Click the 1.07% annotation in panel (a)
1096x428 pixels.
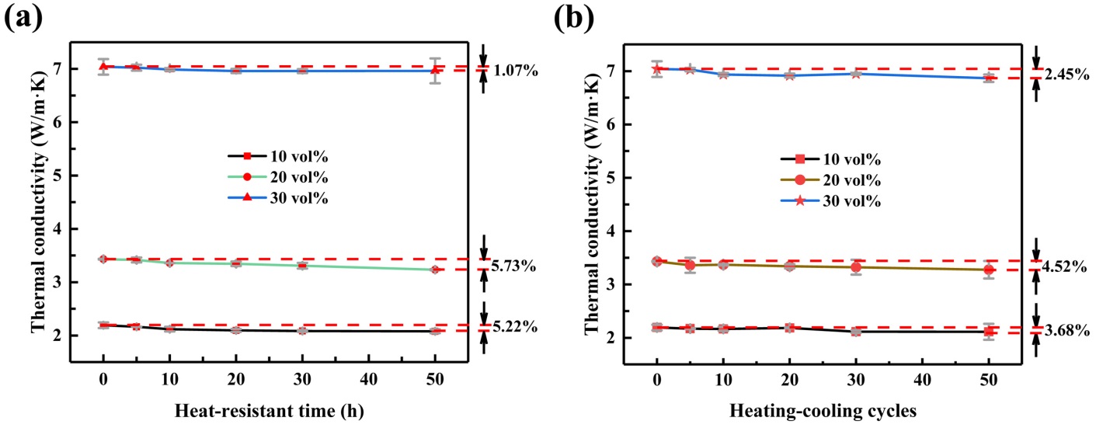click(x=516, y=71)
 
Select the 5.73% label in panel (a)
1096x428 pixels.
click(x=516, y=266)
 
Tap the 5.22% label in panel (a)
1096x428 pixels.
click(x=516, y=327)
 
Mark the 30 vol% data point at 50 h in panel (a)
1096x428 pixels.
click(x=435, y=71)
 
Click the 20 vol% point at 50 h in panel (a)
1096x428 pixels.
click(x=435, y=270)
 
